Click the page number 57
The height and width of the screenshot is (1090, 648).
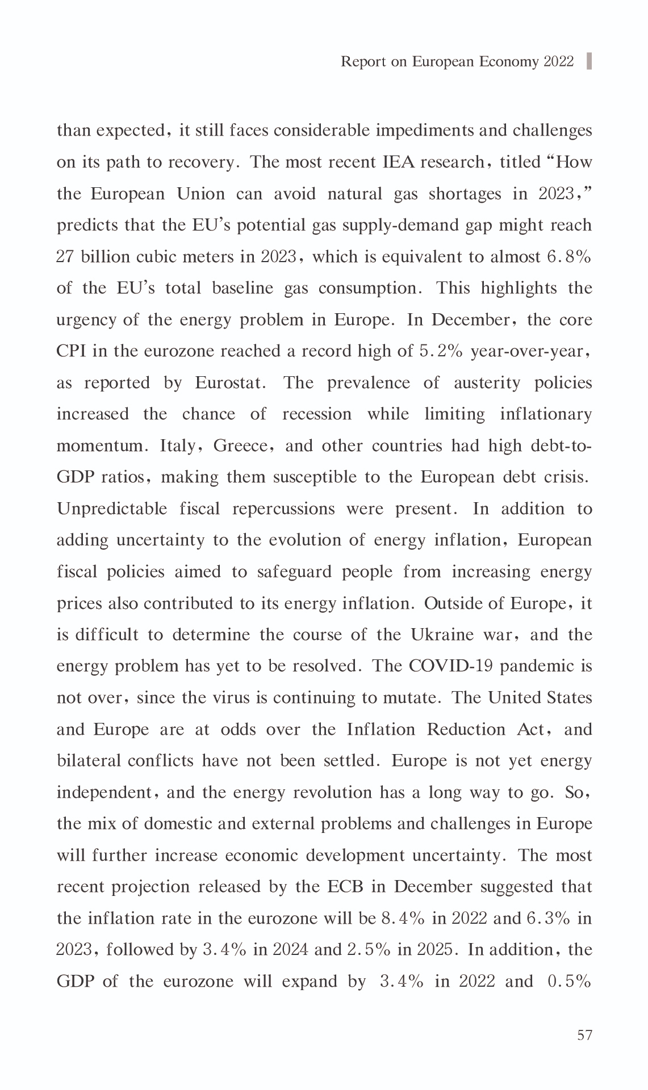pos(584,1036)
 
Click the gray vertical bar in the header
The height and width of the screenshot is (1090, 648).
pos(589,61)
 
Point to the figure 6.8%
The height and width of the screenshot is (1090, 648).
pos(569,257)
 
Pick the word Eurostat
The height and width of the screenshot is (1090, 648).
pos(230,383)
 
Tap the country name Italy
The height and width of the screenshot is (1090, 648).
pos(178,446)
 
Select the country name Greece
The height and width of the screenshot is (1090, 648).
pos(240,446)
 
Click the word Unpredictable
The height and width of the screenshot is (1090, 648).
pos(112,509)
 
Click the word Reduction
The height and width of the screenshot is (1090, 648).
pos(466,729)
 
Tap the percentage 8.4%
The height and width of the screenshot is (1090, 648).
pos(403,919)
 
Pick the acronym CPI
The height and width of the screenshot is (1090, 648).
pos(71,351)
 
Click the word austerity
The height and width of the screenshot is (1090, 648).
pos(487,383)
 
